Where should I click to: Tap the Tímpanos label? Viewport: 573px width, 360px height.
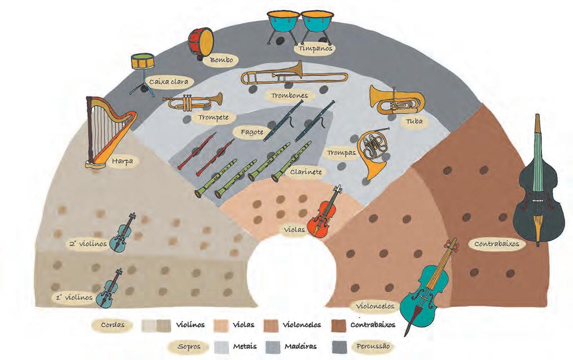(316, 49)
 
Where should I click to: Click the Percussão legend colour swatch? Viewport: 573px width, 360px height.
(341, 345)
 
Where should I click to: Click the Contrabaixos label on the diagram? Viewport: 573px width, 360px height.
(496, 244)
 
